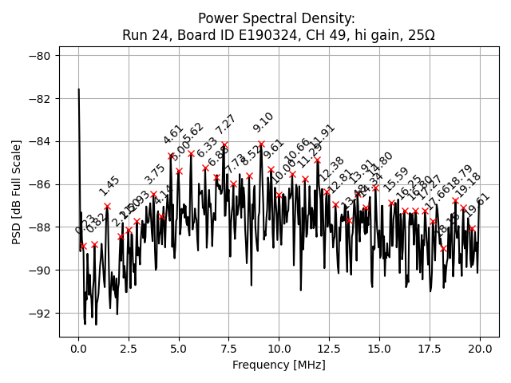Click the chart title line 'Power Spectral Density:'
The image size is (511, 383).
[x=278, y=18]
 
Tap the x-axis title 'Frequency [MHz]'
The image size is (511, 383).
[x=278, y=365]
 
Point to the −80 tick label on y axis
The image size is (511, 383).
[x=41, y=56]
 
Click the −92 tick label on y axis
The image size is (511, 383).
[x=41, y=314]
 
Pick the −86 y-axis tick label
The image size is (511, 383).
[x=41, y=184]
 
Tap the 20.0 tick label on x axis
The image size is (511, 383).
[x=480, y=349]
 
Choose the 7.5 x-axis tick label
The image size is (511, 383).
[x=228, y=349]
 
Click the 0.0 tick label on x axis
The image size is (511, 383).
[x=78, y=349]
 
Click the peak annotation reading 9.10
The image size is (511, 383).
[x=263, y=122]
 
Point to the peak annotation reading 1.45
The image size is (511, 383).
[x=109, y=186]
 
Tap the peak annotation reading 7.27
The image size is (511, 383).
[x=226, y=124]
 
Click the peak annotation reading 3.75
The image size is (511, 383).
[x=155, y=175]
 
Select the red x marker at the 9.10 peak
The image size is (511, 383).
[x=261, y=144]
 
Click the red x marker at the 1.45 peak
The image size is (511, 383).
[x=107, y=206]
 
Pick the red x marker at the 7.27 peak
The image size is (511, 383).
[x=224, y=145]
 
